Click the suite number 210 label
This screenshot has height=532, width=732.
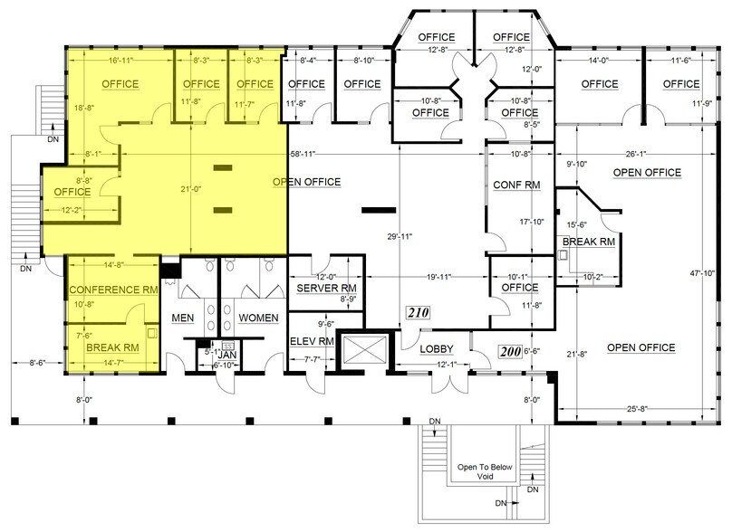(417, 314)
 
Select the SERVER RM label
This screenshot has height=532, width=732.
(325, 288)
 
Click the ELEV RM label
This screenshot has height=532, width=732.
(313, 342)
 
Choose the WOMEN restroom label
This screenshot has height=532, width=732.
(257, 318)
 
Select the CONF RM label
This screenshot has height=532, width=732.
(516, 185)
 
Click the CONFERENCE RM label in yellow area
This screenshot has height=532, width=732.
(112, 290)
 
